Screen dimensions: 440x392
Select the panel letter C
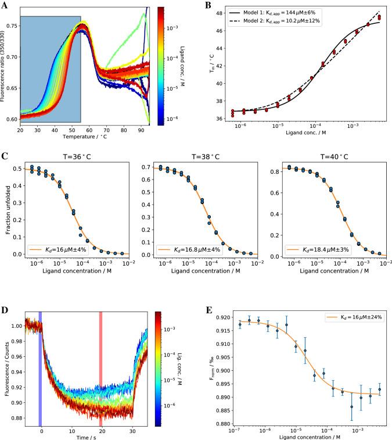pos(5,156)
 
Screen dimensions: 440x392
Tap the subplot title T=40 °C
pos(332,156)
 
